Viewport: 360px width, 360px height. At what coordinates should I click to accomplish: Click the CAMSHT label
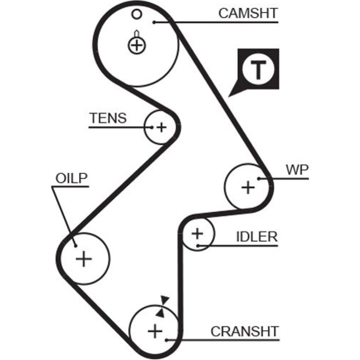248,13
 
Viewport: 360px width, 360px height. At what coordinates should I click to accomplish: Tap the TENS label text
108,118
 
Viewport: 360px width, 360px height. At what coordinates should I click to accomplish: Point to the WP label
297,170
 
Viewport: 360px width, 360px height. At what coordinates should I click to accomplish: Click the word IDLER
257,237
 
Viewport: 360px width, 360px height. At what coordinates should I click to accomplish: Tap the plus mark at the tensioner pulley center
162,127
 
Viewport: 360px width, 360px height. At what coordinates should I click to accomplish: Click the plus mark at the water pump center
248,187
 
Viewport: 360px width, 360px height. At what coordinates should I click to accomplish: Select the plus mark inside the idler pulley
197,234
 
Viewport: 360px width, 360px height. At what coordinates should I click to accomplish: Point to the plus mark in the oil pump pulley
84,259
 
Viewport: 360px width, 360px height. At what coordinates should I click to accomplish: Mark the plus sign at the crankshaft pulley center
155,330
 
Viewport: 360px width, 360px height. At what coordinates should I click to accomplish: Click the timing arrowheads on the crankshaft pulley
162,306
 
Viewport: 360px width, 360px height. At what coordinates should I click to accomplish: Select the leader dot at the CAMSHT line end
154,22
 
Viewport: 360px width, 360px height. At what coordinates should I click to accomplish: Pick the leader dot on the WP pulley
259,178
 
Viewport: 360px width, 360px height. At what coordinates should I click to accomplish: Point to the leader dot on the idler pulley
198,246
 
